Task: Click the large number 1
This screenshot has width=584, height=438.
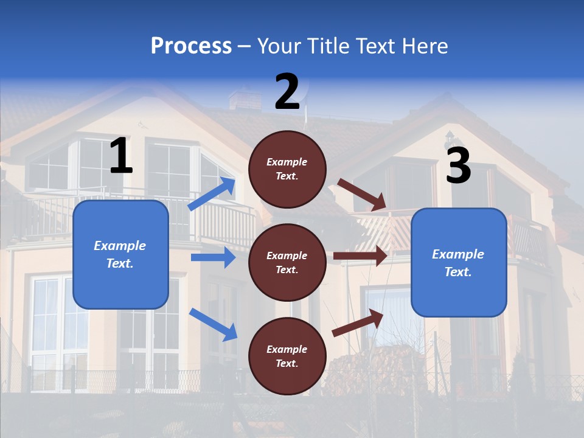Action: (121, 156)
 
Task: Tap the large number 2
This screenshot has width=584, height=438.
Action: (287, 92)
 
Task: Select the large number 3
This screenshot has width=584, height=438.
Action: (458, 165)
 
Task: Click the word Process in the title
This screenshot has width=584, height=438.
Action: (191, 46)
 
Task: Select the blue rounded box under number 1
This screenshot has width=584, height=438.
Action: (120, 254)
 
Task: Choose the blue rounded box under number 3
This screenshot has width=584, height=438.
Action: (459, 262)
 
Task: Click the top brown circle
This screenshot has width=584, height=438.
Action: (287, 169)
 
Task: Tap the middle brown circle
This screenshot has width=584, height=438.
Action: (287, 262)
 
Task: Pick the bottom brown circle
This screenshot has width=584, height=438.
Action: (287, 356)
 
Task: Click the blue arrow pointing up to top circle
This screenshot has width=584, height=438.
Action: (212, 194)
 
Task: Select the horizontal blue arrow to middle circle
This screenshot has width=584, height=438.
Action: (213, 257)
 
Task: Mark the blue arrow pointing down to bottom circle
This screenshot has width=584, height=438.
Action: (213, 324)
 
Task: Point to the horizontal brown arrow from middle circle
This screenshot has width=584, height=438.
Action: (360, 256)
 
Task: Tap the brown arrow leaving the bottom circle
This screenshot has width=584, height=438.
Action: (358, 322)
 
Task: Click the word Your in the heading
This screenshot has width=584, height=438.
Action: (279, 46)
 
